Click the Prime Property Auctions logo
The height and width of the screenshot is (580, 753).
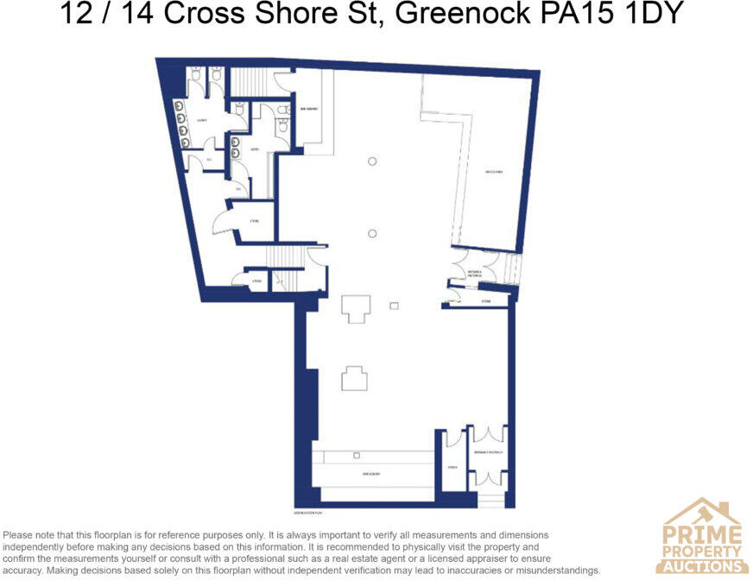[702, 536]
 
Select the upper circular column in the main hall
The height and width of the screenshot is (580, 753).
[372, 161]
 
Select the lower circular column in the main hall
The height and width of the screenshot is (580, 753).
[372, 233]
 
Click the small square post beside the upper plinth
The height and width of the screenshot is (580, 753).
[394, 306]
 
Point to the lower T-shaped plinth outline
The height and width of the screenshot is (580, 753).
[354, 378]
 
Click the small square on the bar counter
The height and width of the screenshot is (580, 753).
[355, 455]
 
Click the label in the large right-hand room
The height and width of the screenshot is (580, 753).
[493, 173]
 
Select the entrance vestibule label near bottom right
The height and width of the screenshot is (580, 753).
[488, 452]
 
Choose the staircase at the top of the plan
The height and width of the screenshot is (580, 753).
[251, 82]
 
